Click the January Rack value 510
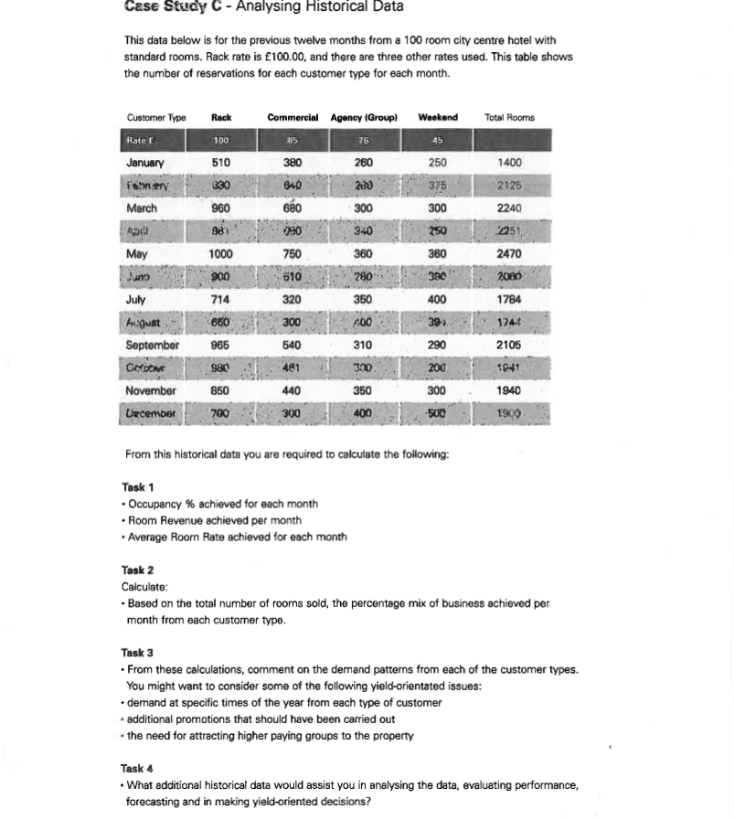tap(220, 163)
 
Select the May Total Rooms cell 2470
tap(509, 254)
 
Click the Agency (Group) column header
tap(364, 118)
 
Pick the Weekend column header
tap(438, 118)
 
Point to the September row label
tap(152, 346)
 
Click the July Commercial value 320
tap(292, 300)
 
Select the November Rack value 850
tap(220, 390)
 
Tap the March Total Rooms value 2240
tap(509, 208)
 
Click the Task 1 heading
tap(138, 487)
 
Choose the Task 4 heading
tap(137, 769)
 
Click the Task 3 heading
tap(137, 653)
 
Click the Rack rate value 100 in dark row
tap(220, 141)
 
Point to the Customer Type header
tap(156, 118)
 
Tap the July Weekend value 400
tap(437, 300)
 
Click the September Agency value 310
tap(363, 346)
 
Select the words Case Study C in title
tap(173, 7)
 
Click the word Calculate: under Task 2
tap(144, 587)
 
